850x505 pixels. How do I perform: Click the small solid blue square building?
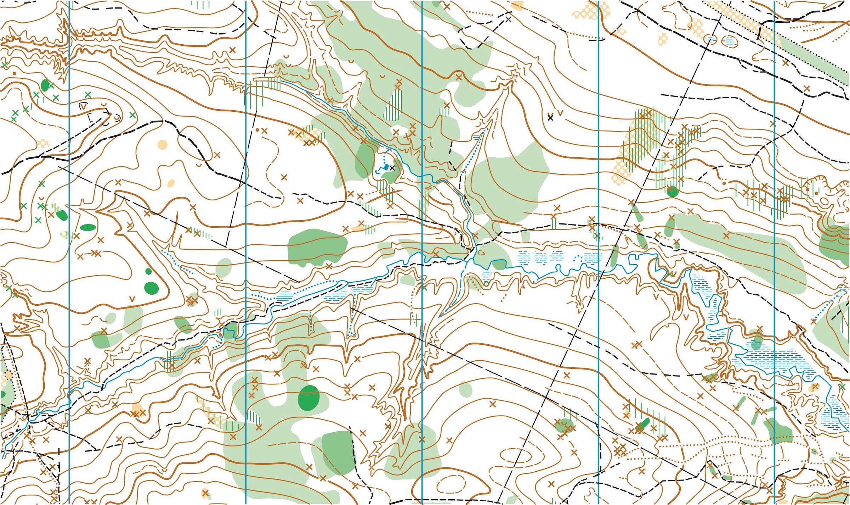click(386, 166)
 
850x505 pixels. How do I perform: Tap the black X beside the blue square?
click(392, 168)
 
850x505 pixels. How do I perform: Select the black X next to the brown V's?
click(550, 117)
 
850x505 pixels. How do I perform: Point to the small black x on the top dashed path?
click(509, 20)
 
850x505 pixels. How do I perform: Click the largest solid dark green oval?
click(309, 398)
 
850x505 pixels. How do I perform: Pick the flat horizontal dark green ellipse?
click(87, 227)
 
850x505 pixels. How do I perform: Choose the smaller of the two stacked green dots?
click(148, 271)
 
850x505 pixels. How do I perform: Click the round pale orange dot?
click(162, 144)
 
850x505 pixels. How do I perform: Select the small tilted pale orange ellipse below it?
click(171, 183)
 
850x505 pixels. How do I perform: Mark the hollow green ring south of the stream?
click(486, 284)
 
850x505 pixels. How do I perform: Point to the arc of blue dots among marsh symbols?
click(578, 257)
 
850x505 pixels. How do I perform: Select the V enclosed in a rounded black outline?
click(84, 105)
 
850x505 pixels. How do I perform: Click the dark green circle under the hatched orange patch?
click(672, 192)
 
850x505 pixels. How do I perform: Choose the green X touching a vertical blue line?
click(424, 288)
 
